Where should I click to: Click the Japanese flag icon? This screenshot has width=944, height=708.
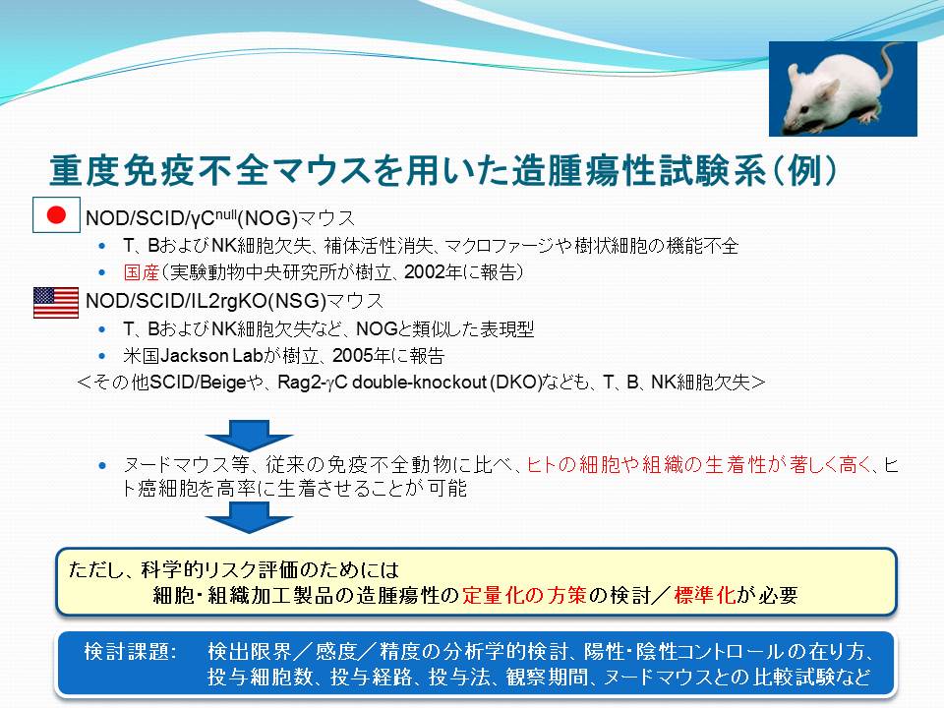click(56, 215)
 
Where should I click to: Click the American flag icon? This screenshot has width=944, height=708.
click(56, 302)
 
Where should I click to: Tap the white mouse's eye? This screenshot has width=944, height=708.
click(806, 107)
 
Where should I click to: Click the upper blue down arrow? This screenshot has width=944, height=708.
click(249, 436)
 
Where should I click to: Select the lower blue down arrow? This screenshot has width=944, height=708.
click(249, 517)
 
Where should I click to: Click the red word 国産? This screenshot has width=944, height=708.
click(141, 272)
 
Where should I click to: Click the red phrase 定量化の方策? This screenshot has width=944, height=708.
click(524, 595)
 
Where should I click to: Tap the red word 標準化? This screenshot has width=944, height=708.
click(704, 595)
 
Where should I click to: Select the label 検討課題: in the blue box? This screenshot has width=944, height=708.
click(130, 651)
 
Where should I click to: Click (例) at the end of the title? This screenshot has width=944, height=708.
click(803, 170)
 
